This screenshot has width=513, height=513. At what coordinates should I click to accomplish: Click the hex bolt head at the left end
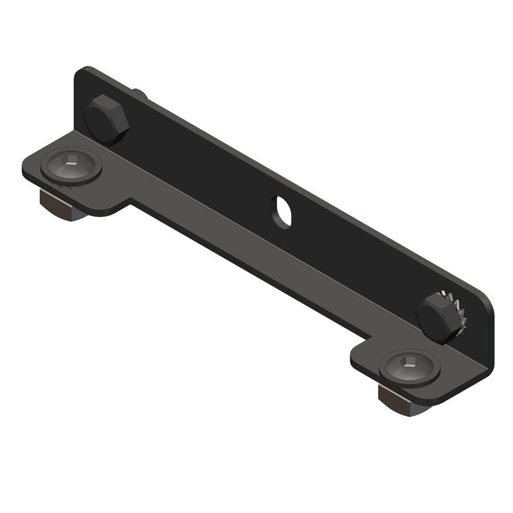point(106,120)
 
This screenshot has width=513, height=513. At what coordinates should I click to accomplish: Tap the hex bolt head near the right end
point(436,317)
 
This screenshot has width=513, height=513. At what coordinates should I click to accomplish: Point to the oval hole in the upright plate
point(282,211)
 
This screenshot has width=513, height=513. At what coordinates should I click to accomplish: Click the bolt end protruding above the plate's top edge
point(140,94)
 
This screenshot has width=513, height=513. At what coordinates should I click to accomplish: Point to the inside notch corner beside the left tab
point(131,200)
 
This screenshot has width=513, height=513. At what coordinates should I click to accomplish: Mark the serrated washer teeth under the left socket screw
point(63,184)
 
